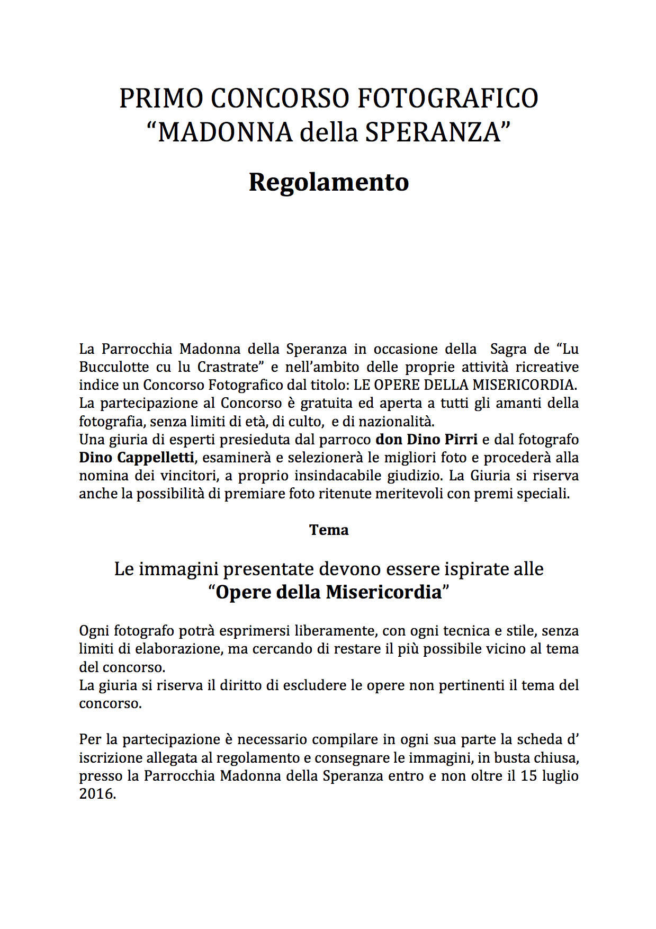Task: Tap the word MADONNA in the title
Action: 225,132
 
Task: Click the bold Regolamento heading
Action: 328,182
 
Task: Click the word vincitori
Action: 189,476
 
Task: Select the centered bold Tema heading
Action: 329,530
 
